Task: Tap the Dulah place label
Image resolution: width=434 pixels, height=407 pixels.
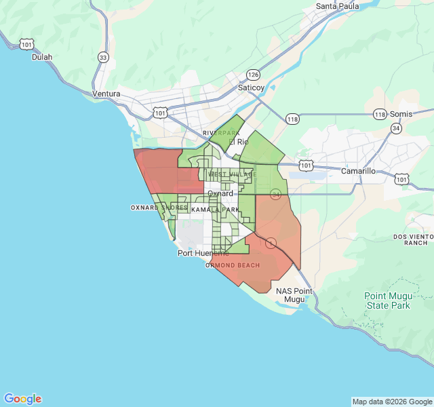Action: click(42, 57)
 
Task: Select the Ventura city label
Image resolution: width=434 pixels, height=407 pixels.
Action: click(106, 94)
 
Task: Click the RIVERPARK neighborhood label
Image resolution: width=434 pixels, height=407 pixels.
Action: click(221, 133)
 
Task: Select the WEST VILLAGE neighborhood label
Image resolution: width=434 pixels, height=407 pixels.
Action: click(233, 174)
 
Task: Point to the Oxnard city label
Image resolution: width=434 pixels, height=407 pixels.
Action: click(220, 193)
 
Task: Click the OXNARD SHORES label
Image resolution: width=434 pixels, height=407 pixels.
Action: click(159, 208)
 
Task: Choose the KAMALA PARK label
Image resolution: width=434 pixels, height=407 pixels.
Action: click(215, 210)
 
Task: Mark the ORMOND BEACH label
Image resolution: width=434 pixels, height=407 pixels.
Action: click(233, 265)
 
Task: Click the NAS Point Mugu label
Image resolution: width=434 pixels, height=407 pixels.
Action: click(294, 295)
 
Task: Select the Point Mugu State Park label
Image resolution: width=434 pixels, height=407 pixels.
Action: click(387, 301)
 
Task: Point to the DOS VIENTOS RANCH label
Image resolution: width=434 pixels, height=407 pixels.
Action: click(412, 239)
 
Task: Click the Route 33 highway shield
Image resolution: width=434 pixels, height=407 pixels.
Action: click(102, 58)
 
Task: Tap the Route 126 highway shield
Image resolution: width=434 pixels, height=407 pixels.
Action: click(253, 75)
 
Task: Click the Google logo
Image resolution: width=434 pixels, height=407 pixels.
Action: click(22, 399)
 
